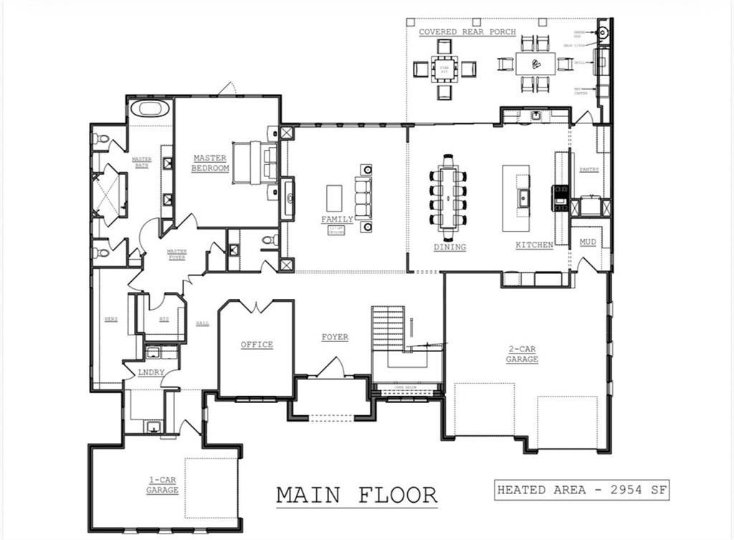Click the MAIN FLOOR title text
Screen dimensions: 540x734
tap(356, 495)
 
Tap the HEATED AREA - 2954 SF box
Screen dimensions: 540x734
tap(581, 491)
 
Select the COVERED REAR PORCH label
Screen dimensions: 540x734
tap(467, 32)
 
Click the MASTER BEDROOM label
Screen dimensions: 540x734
tap(210, 163)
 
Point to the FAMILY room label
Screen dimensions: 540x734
tap(337, 219)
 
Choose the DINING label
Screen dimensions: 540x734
tap(449, 247)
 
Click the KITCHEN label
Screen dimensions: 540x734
tap(534, 245)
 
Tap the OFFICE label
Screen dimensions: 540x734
tap(257, 345)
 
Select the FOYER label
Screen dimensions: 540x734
tap(334, 337)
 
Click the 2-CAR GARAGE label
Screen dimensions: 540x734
tap(521, 354)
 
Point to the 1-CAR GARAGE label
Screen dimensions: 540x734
tap(162, 485)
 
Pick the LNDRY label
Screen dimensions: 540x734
tap(153, 372)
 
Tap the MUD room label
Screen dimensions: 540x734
tap(587, 242)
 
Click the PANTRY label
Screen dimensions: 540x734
tap(588, 170)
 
